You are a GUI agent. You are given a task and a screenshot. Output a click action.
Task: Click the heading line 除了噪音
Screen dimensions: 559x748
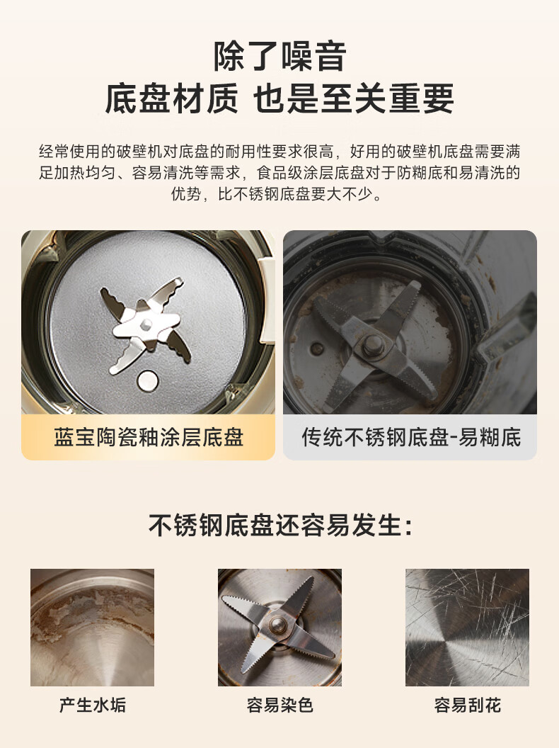click(x=279, y=57)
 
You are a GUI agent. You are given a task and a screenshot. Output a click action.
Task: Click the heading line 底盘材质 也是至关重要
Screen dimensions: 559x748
click(x=279, y=98)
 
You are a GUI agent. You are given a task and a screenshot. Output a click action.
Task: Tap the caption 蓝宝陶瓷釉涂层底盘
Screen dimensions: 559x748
click(x=149, y=438)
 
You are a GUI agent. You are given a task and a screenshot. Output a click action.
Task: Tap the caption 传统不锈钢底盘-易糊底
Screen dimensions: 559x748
click(x=411, y=438)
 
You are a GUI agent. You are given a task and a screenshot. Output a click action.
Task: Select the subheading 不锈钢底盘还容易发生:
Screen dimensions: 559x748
click(x=280, y=526)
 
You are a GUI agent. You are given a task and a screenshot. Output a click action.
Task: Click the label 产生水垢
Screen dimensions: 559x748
click(x=93, y=705)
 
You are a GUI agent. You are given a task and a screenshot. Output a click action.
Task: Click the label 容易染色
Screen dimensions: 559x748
click(x=279, y=705)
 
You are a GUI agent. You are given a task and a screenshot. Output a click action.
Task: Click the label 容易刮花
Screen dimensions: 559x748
click(x=468, y=705)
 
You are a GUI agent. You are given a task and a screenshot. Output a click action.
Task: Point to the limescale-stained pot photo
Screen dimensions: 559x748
click(x=93, y=628)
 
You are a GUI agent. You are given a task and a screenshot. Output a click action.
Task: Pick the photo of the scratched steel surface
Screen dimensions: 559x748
click(x=468, y=628)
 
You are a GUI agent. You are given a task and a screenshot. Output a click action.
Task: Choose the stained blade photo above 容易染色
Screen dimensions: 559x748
click(x=279, y=628)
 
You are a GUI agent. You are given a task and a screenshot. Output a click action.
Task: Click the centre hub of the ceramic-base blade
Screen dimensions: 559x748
click(x=146, y=325)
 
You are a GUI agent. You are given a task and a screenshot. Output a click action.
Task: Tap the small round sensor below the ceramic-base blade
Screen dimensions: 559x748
click(x=148, y=380)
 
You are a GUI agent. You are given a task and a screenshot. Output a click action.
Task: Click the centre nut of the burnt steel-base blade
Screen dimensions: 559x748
click(x=373, y=344)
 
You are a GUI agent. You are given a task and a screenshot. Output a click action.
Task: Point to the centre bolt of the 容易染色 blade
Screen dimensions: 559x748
click(x=277, y=625)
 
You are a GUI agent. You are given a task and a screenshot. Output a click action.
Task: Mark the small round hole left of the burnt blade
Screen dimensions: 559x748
click(x=317, y=348)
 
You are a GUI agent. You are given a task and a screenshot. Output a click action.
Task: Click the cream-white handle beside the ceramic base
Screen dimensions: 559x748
click(x=266, y=300)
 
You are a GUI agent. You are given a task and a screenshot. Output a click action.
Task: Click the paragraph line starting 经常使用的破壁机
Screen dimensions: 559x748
click(x=279, y=152)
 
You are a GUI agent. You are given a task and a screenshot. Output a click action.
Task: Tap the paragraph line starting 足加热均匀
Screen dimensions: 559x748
click(x=279, y=173)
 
